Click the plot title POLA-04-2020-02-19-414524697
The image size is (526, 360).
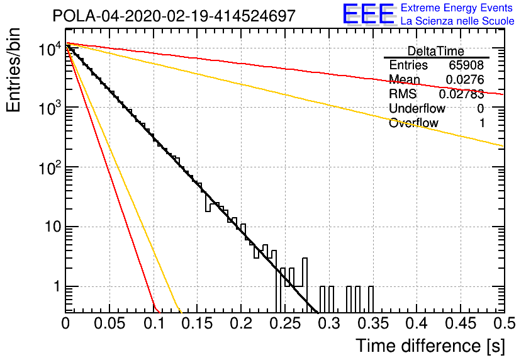tap(174, 16)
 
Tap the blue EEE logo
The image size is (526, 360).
tap(369, 14)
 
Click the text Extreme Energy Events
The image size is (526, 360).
tap(457, 8)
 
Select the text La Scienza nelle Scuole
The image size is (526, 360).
tap(457, 21)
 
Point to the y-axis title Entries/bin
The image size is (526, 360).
tap(13, 70)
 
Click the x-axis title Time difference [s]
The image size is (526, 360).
tap(430, 346)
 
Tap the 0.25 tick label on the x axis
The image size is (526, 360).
tap(286, 323)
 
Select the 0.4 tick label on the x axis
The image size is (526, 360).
tap(417, 323)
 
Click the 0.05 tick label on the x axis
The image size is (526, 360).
tap(109, 323)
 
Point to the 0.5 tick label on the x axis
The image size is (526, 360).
tap(504, 323)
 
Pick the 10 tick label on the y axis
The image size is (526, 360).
tap(53, 227)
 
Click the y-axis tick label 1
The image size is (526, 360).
tap(57, 287)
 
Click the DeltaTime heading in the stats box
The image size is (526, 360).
tap(436, 52)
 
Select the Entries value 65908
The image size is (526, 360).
tap(466, 65)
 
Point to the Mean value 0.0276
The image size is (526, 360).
tap(465, 79)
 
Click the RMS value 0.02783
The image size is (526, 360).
tap(462, 94)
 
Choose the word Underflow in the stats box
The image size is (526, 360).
tap(417, 108)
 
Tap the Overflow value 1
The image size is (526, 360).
tap(482, 123)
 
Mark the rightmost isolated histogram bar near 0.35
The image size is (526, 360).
tap(371, 300)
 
